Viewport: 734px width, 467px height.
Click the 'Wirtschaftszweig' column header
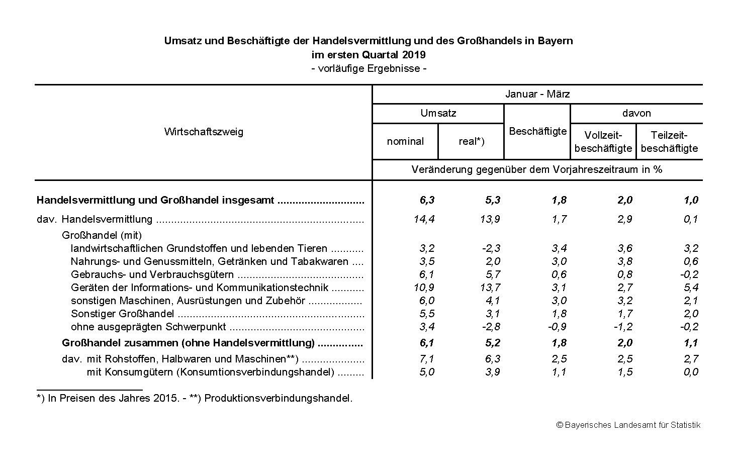[204, 132]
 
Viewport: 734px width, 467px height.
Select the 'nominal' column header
[405, 142]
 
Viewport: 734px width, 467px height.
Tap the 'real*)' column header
[471, 142]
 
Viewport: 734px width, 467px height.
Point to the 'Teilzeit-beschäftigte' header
[669, 142]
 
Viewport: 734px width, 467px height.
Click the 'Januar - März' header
[537, 94]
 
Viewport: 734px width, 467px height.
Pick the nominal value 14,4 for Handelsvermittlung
[424, 219]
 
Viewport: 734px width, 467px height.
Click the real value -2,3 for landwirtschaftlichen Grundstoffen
[490, 248]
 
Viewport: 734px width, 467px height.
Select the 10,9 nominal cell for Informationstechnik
[424, 288]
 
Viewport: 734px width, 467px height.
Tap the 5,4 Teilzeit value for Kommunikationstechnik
[691, 288]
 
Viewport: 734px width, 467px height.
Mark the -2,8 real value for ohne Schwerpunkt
[490, 327]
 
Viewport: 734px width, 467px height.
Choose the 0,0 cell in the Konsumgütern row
[691, 372]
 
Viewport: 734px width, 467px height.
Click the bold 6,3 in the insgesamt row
[427, 200]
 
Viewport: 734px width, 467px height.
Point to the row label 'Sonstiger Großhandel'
[123, 314]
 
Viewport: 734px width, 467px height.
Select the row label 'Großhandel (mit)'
[102, 235]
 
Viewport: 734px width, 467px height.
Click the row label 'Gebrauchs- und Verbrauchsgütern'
[152, 274]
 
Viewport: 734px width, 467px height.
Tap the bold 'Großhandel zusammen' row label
[188, 343]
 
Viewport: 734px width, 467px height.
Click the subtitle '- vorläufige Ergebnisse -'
[369, 68]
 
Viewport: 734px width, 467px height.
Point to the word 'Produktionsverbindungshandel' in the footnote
[278, 398]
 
